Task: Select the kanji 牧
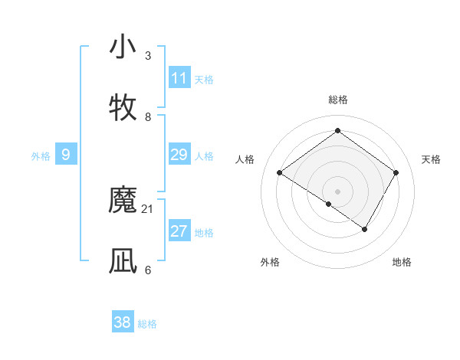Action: click(123, 108)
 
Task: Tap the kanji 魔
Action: click(123, 200)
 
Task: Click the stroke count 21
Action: click(148, 209)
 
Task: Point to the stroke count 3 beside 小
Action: click(148, 56)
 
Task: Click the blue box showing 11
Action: click(179, 78)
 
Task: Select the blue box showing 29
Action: click(179, 155)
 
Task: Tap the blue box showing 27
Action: click(179, 231)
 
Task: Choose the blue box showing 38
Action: click(123, 322)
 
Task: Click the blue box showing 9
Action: click(66, 155)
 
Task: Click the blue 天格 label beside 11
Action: click(204, 80)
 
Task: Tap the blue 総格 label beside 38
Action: click(147, 324)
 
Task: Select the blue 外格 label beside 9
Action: click(41, 156)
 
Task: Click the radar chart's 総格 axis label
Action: click(338, 100)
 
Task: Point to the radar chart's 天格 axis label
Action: click(432, 159)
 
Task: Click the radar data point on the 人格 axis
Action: click(280, 173)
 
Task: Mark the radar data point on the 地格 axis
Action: click(365, 229)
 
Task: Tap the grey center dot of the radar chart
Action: click(338, 191)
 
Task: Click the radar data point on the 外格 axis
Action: click(329, 204)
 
